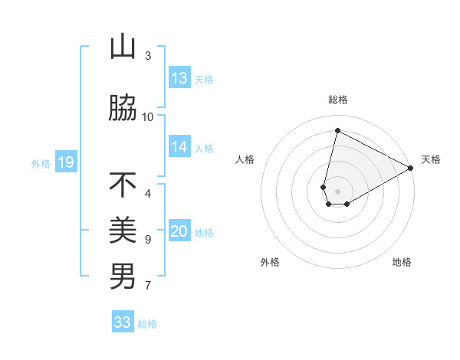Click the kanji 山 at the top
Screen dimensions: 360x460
123,47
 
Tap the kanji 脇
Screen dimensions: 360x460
123,109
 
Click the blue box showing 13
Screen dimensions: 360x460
179,78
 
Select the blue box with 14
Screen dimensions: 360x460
179,148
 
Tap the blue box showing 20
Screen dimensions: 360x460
179,232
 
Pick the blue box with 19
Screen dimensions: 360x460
66,162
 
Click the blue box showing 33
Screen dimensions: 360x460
123,322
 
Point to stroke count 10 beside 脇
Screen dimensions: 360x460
147,116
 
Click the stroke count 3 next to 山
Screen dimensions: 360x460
147,55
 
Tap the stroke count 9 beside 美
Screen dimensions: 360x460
147,240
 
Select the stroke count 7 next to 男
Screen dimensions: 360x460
147,286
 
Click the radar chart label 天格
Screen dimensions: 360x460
431,159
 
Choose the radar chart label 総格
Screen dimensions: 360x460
337,100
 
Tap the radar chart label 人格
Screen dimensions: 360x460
245,159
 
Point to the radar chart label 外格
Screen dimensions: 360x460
270,262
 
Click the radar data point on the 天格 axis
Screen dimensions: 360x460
411,168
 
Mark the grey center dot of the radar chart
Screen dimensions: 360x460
337,191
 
